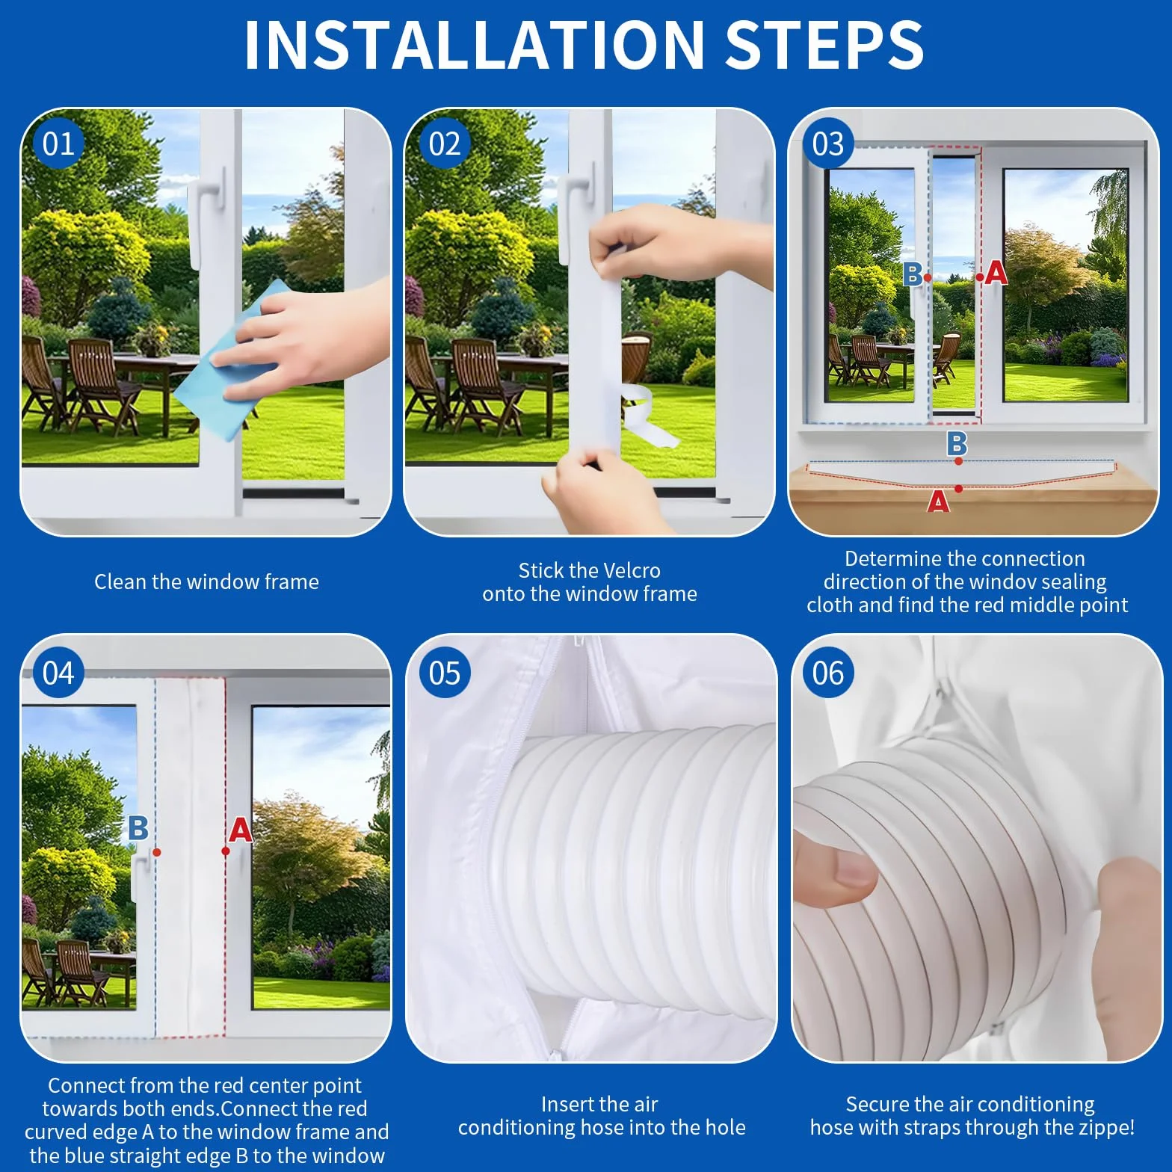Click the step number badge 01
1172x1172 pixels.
click(x=59, y=144)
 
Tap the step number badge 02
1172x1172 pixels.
click(x=445, y=144)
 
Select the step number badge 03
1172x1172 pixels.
click(x=828, y=144)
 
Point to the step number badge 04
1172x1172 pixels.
click(x=59, y=673)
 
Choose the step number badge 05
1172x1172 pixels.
click(x=445, y=673)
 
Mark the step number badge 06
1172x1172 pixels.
click(x=828, y=673)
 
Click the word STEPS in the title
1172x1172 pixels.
click(x=824, y=45)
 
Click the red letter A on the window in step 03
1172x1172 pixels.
click(x=996, y=273)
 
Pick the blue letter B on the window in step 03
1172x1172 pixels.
click(x=912, y=274)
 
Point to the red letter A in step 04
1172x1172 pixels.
click(x=240, y=830)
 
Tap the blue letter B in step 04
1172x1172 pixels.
click(x=138, y=828)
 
